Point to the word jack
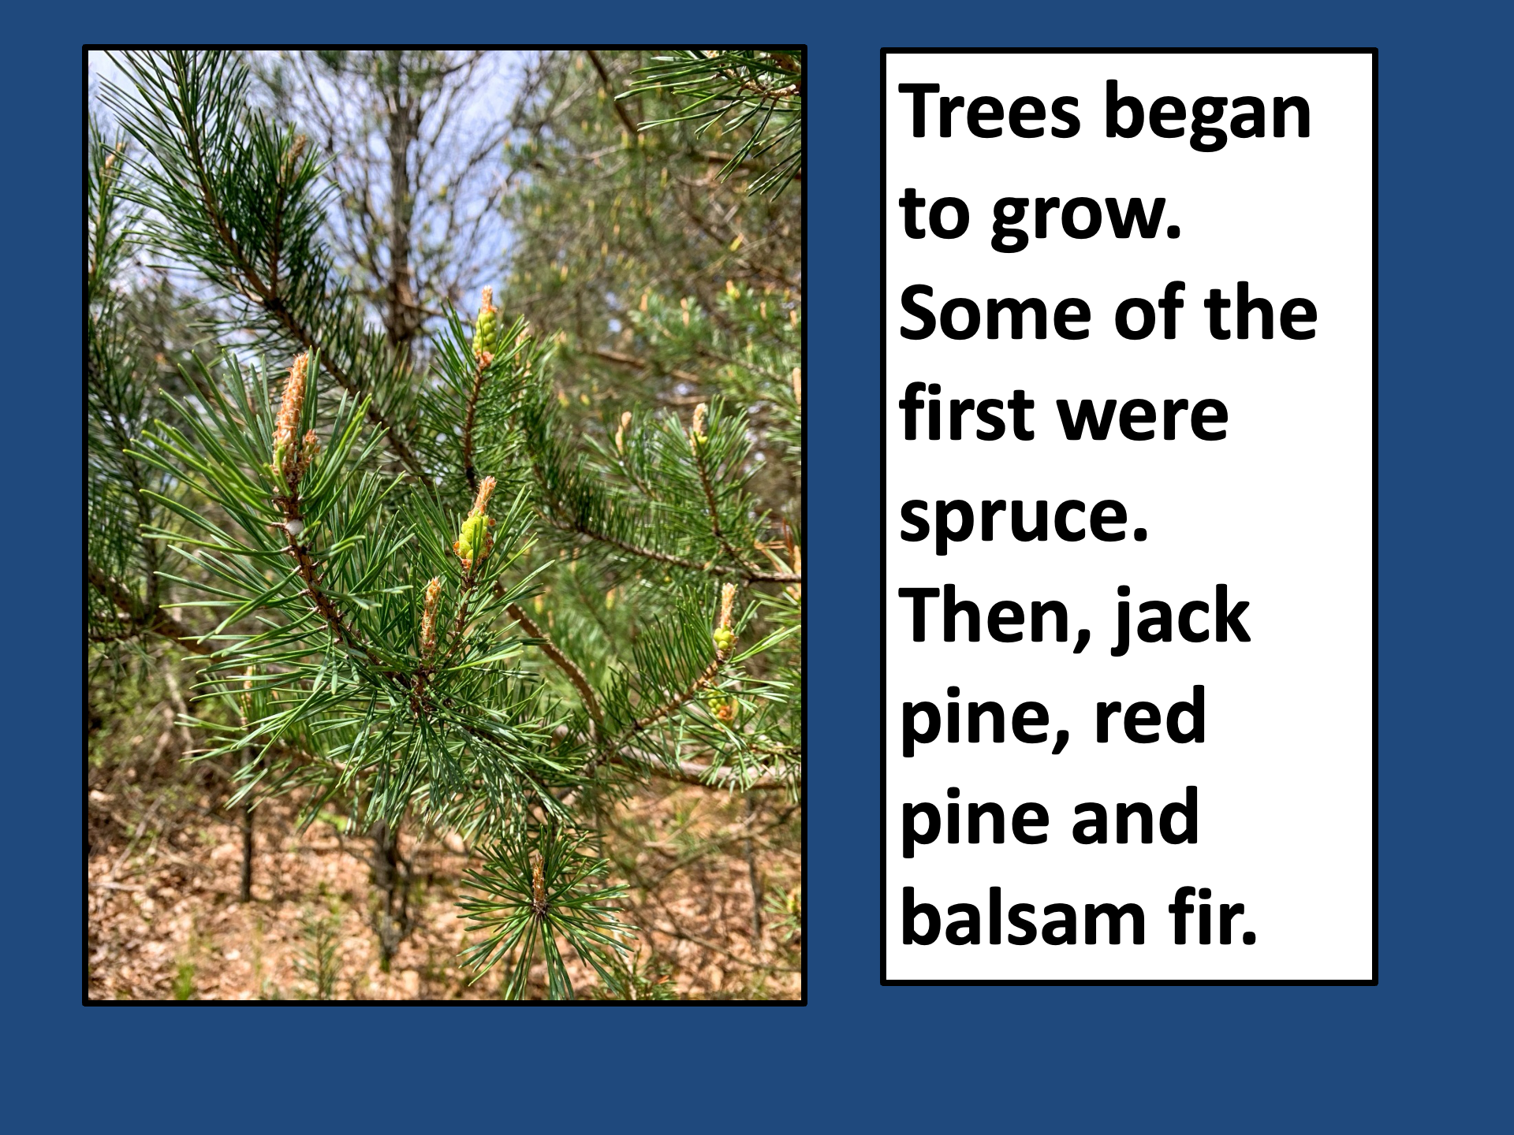[1180, 618]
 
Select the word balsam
[1023, 916]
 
